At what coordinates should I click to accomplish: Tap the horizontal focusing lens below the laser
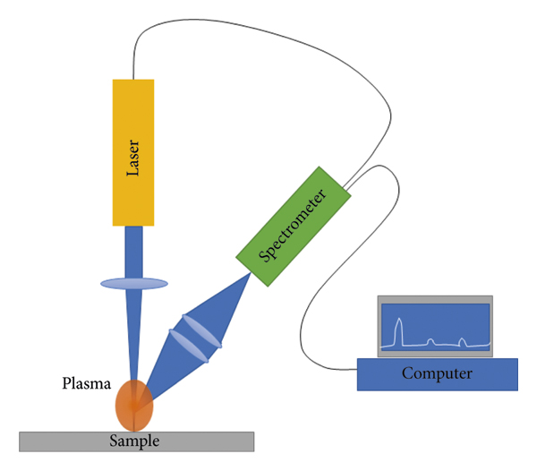tap(133, 284)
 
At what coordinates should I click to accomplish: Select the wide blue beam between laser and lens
tap(133, 251)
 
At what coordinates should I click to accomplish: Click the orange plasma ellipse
tap(133, 406)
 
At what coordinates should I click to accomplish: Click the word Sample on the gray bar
tap(133, 441)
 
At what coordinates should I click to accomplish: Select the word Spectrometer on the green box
tap(292, 224)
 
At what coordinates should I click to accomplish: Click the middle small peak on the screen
tap(430, 341)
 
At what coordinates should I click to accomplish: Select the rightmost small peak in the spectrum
tap(461, 340)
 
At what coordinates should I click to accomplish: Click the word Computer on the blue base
tap(437, 373)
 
